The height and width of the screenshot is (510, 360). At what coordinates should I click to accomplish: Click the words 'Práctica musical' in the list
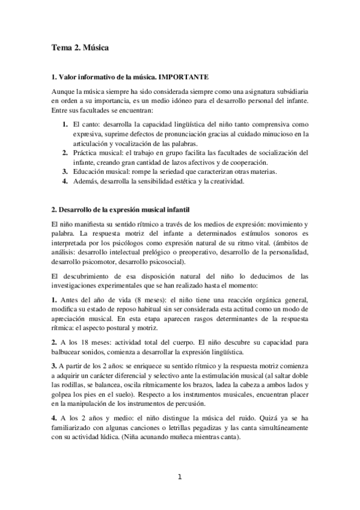96,153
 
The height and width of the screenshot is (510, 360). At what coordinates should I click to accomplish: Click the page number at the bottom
179,478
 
